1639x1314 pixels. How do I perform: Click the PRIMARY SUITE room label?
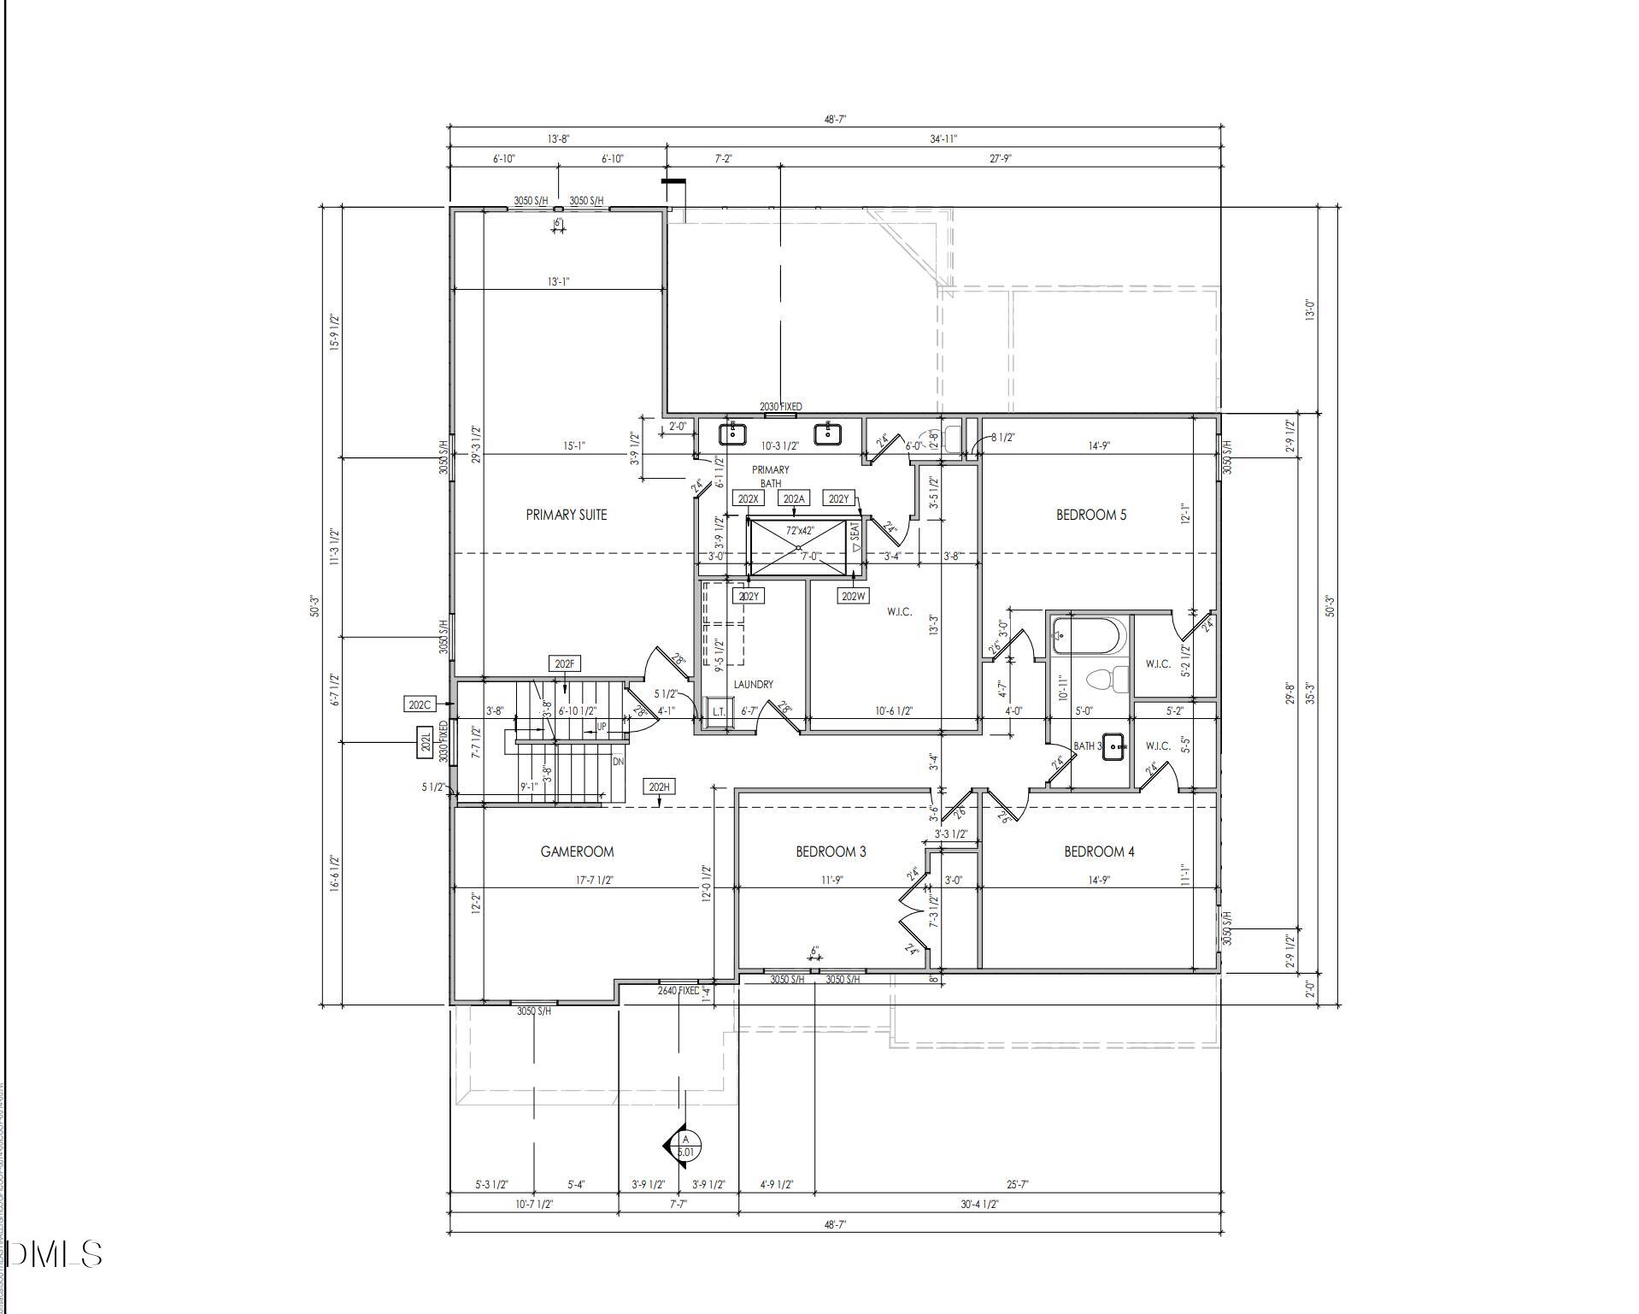coord(566,515)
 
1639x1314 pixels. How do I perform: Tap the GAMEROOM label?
coord(577,851)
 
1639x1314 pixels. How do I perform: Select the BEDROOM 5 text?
coord(1090,515)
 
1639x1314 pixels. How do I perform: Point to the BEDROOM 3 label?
coord(831,851)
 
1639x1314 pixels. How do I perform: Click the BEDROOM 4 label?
coord(1099,851)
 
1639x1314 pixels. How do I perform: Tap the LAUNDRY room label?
coord(753,685)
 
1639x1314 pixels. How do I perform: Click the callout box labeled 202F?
coord(565,664)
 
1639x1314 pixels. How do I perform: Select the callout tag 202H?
coord(660,787)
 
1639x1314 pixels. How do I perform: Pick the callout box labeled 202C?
coord(420,705)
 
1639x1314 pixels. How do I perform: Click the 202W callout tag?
coord(853,596)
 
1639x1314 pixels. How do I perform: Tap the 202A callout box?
coord(793,499)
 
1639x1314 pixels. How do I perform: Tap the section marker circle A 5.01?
coord(685,1146)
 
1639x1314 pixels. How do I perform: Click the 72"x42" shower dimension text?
coord(800,531)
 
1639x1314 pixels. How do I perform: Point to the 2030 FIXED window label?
coord(780,407)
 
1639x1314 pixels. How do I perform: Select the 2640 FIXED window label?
coord(679,991)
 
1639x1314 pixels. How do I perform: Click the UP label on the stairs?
coord(602,727)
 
